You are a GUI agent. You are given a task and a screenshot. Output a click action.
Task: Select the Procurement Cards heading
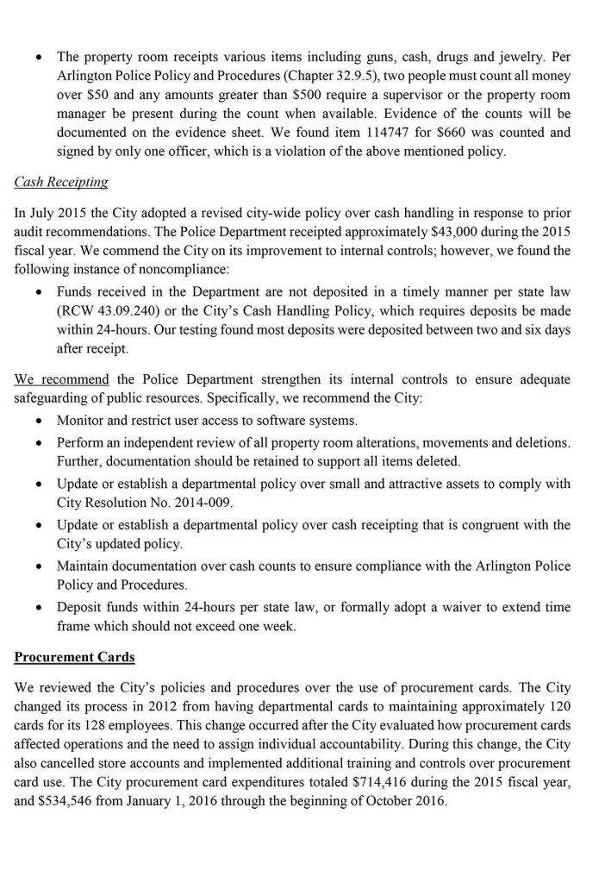[x=74, y=656]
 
